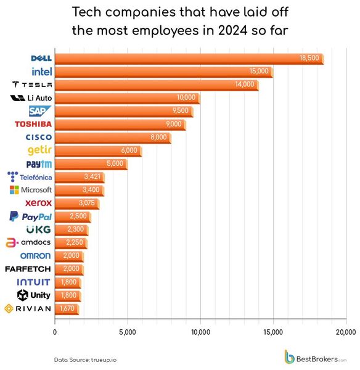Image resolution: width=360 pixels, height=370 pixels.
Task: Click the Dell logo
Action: [x=41, y=58]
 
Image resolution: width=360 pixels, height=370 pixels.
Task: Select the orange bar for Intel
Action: [x=163, y=72]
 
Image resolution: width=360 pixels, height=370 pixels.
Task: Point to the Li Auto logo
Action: [x=31, y=98]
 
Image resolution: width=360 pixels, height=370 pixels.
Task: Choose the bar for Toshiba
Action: [x=120, y=125]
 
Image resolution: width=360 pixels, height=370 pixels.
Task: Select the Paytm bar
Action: [x=91, y=164]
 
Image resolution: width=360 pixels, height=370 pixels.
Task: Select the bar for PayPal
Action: [x=72, y=216]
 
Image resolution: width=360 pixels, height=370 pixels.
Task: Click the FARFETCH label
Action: [x=28, y=269]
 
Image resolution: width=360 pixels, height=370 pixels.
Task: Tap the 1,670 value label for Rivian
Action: [x=67, y=308]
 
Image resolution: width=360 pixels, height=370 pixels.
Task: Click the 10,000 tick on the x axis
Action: [x=200, y=332]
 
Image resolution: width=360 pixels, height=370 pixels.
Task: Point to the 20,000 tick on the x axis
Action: [x=345, y=332]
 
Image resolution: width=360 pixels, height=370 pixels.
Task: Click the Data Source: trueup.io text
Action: [x=81, y=359]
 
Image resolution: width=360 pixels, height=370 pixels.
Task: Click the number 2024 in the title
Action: [x=231, y=30]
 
